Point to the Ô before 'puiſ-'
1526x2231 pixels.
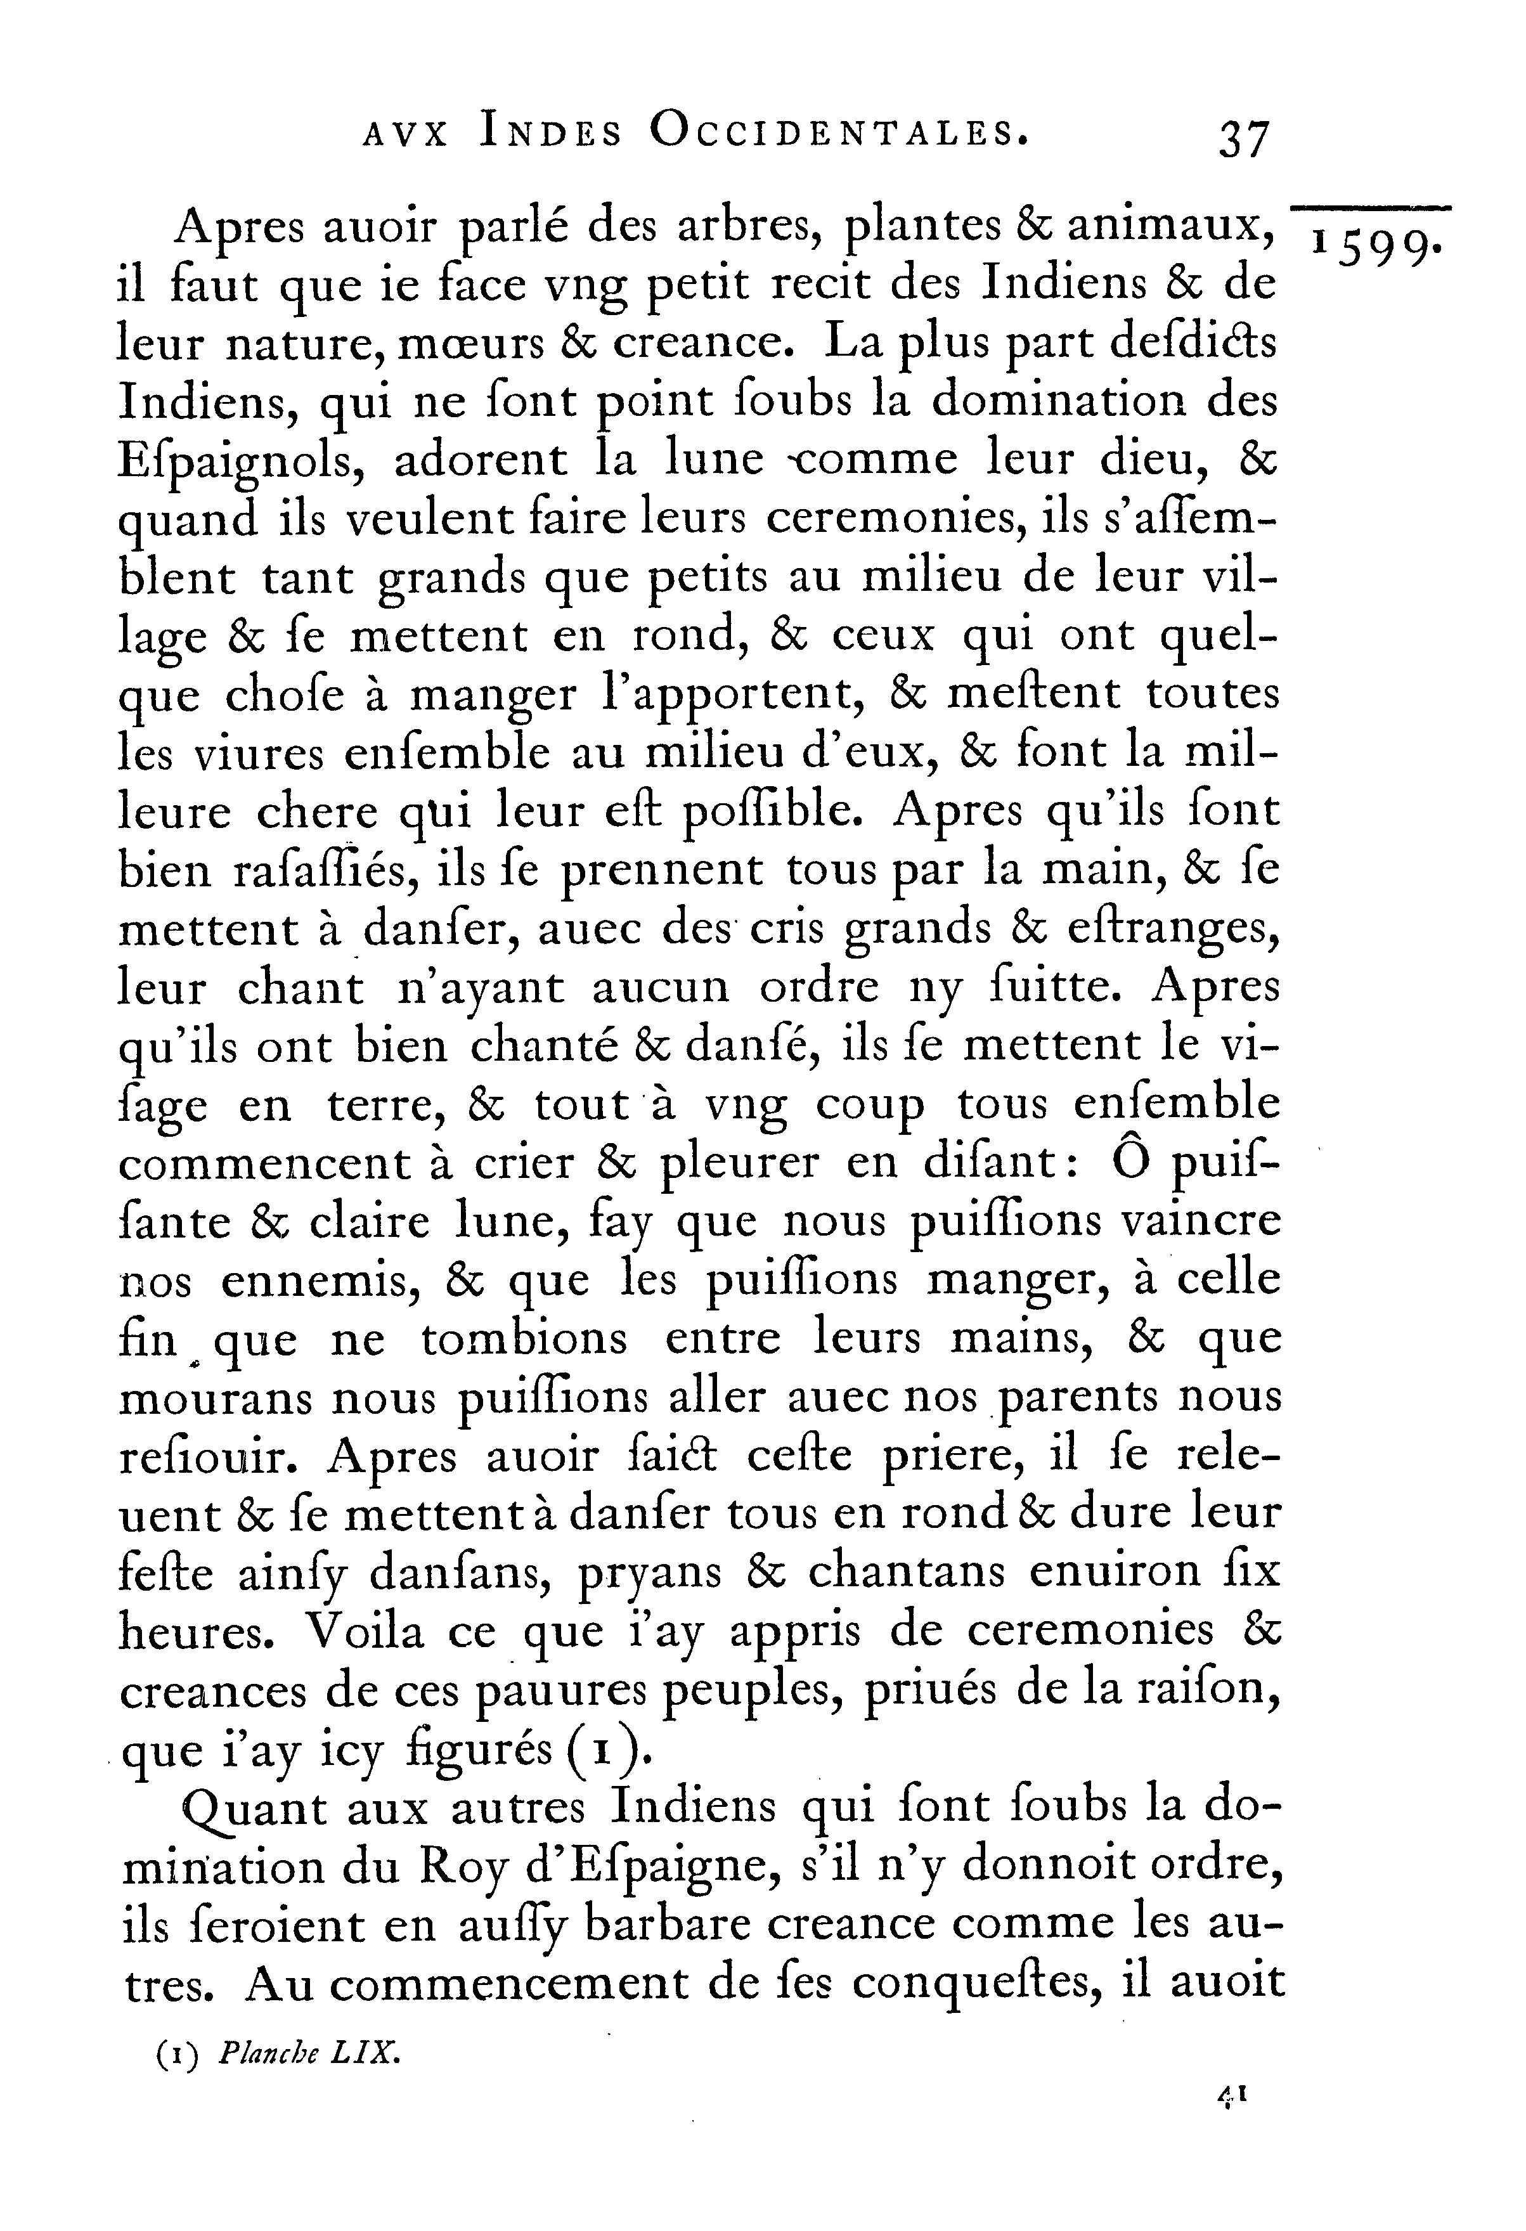[x=1128, y=1161]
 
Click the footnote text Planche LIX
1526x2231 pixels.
[x=307, y=2053]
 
